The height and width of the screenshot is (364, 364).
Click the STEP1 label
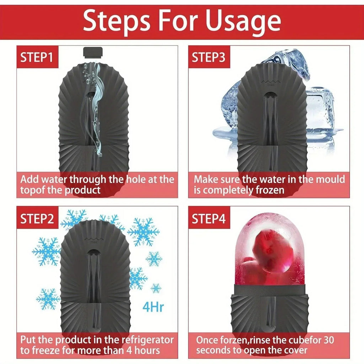coord(37,58)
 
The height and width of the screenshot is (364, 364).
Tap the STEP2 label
coord(37,219)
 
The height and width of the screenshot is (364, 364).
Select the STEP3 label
coord(209,58)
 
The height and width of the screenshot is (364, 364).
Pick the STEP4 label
coord(209,219)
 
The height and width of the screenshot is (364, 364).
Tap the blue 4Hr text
coord(153,306)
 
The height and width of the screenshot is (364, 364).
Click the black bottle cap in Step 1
coord(93,53)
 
